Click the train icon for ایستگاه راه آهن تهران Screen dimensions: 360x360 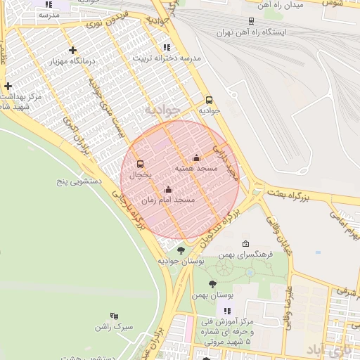pos(251,22)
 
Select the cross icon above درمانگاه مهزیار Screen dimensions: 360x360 pos(73,50)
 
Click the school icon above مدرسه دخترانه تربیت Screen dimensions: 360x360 pos(166,47)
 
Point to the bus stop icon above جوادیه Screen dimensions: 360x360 pos(209,100)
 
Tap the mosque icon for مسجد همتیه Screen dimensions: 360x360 pos(195,157)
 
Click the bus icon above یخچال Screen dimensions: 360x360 pos(140,163)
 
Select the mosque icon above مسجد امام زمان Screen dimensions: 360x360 pos(168,189)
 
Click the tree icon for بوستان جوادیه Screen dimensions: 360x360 pos(181,250)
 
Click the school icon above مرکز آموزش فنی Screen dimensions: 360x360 pos(226,311)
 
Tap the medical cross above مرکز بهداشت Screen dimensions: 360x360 pos(8,86)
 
